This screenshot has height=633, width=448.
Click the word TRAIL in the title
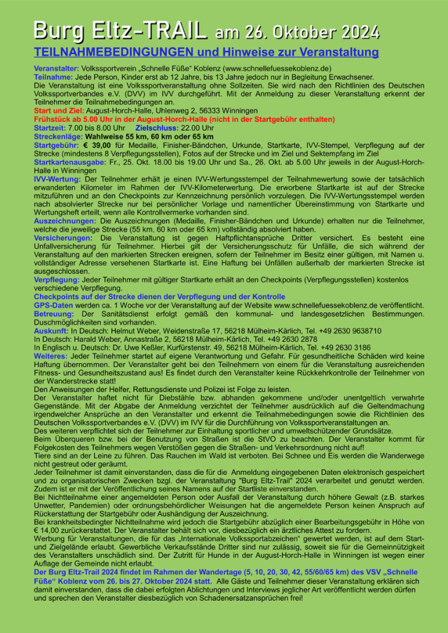coord(172,31)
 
